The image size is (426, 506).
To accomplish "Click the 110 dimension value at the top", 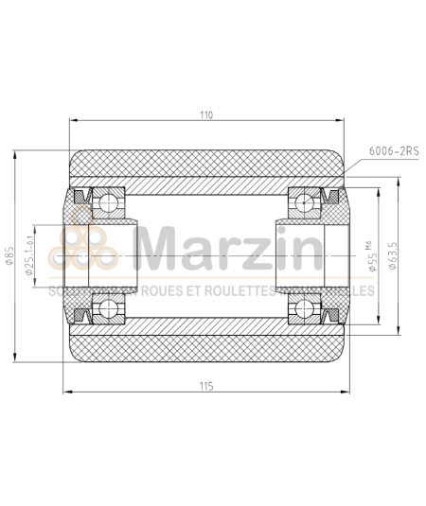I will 206,114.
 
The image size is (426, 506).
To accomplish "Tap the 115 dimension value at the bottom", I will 206,386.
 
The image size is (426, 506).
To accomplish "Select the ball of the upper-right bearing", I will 302,201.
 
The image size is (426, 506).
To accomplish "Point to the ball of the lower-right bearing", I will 302,308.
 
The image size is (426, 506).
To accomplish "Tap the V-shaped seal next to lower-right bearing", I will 331,311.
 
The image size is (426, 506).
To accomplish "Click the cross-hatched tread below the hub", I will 206,349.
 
